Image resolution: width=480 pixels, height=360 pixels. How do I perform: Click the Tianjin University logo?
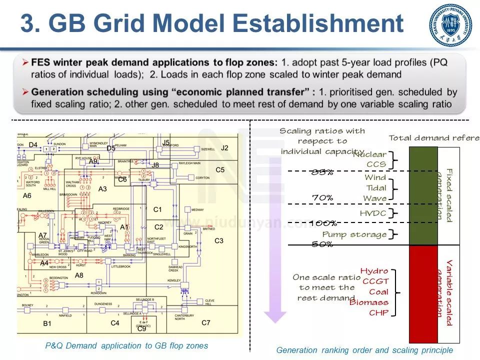(x=450, y=25)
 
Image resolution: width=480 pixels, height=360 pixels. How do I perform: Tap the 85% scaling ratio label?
(x=322, y=172)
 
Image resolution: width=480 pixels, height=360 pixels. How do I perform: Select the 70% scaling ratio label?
(x=322, y=197)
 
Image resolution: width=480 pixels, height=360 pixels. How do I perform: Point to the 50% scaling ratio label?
(x=322, y=244)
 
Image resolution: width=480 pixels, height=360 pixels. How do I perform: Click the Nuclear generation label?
(x=369, y=154)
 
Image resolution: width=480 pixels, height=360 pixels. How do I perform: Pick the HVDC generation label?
(x=373, y=213)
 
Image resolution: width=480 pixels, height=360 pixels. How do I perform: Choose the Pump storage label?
(x=354, y=234)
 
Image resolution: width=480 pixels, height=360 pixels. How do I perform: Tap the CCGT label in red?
(x=375, y=281)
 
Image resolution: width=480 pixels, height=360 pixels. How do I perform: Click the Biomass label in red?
(x=368, y=302)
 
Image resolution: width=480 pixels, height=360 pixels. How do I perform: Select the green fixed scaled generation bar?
(x=423, y=195)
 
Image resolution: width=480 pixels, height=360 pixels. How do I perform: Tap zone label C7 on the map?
(x=206, y=322)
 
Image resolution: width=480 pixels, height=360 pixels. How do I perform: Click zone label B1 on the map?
(x=47, y=323)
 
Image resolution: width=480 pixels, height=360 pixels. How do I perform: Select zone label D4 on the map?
(x=33, y=145)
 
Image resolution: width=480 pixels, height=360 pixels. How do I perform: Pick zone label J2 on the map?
(x=224, y=147)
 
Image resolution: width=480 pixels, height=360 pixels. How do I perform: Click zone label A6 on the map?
(x=27, y=195)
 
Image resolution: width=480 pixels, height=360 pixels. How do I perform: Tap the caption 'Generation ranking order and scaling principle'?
(x=364, y=350)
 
